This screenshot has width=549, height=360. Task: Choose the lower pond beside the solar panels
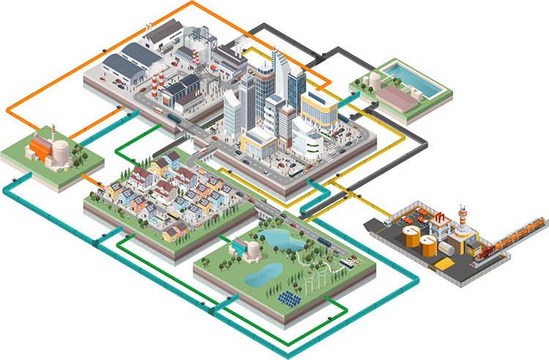click(263, 274)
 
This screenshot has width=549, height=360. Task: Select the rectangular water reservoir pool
click(413, 74)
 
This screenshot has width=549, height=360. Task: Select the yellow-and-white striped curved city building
click(319, 110)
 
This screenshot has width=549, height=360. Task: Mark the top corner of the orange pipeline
click(193, 3)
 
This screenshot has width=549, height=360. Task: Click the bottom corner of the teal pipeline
click(282, 356)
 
